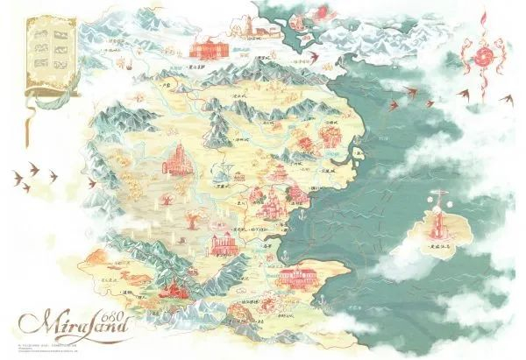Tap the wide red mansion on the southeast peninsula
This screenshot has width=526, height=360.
(x=299, y=279)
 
